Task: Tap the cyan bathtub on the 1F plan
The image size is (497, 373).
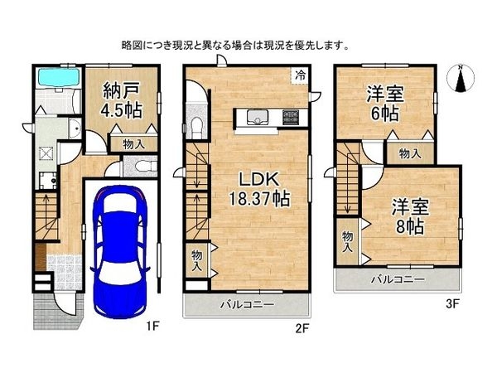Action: tap(56, 80)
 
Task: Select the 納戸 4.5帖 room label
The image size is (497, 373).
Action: tap(123, 99)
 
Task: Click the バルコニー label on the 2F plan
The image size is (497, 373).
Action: tap(246, 305)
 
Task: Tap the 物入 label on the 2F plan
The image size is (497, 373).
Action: tap(197, 260)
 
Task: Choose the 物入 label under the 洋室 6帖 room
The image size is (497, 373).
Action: tap(408, 153)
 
